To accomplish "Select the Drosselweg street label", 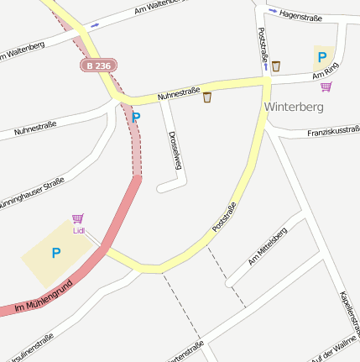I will [x=175, y=150].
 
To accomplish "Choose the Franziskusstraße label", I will [x=333, y=131].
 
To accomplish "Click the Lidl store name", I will [x=79, y=230].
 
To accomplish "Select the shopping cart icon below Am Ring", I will [x=326, y=87].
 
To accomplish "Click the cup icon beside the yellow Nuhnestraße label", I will [x=207, y=98].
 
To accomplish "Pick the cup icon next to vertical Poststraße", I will [x=275, y=66].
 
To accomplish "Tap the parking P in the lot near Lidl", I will [x=56, y=253].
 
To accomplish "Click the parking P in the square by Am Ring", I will [x=321, y=57].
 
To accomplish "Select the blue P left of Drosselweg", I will [x=136, y=118].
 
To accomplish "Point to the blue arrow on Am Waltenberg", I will [x=95, y=24].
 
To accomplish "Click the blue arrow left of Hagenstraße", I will [x=273, y=11].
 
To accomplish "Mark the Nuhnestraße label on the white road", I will [x=35, y=129].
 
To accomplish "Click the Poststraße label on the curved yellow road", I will [x=224, y=217].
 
